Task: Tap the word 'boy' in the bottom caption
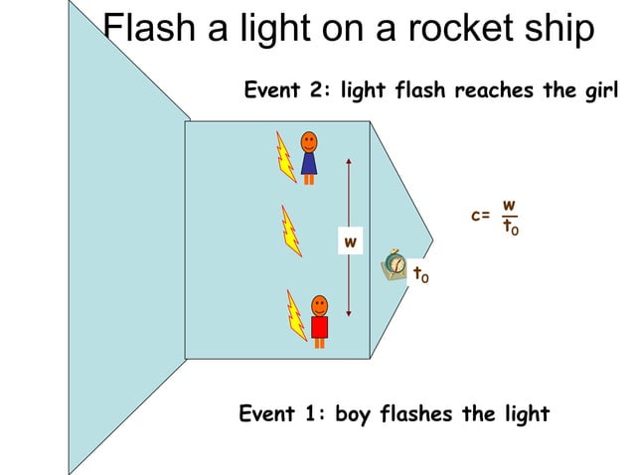(352, 413)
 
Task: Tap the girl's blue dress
(309, 163)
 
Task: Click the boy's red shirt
(319, 327)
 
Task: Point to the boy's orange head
(319, 304)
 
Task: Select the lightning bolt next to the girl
(286, 159)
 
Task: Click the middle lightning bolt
(290, 232)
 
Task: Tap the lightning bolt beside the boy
(295, 315)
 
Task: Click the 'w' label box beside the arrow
(350, 240)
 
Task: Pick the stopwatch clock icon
(395, 265)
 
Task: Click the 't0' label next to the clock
(421, 273)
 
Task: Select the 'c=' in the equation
(481, 215)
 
